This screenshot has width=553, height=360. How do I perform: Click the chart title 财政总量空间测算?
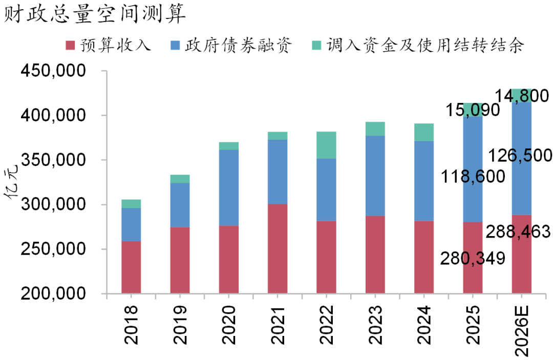click(x=95, y=14)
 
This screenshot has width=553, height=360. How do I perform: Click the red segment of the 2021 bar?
click(x=278, y=249)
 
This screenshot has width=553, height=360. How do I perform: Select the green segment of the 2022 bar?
click(x=326, y=145)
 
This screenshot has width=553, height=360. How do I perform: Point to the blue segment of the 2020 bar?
click(x=229, y=187)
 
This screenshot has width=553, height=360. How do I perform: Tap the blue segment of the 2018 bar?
click(x=132, y=224)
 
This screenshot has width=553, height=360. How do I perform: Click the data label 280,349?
click(x=472, y=259)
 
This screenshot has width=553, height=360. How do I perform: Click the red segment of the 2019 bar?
click(x=180, y=260)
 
